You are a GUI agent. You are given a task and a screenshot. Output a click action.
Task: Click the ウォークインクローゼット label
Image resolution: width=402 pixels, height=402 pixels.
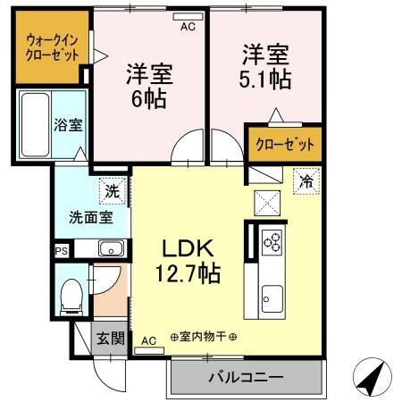52,47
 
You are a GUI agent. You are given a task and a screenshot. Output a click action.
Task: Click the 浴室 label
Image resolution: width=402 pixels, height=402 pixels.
69,124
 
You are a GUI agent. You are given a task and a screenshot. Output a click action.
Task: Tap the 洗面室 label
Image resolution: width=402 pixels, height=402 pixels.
90,215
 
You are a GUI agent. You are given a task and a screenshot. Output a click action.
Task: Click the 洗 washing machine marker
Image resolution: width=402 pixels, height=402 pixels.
112,190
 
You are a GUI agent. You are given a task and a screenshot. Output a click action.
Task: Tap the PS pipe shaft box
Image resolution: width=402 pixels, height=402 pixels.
61,251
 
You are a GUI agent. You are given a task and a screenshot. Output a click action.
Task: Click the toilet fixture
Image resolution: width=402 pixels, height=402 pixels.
70,297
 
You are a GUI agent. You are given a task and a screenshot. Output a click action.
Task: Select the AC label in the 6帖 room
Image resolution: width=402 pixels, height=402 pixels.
188,28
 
